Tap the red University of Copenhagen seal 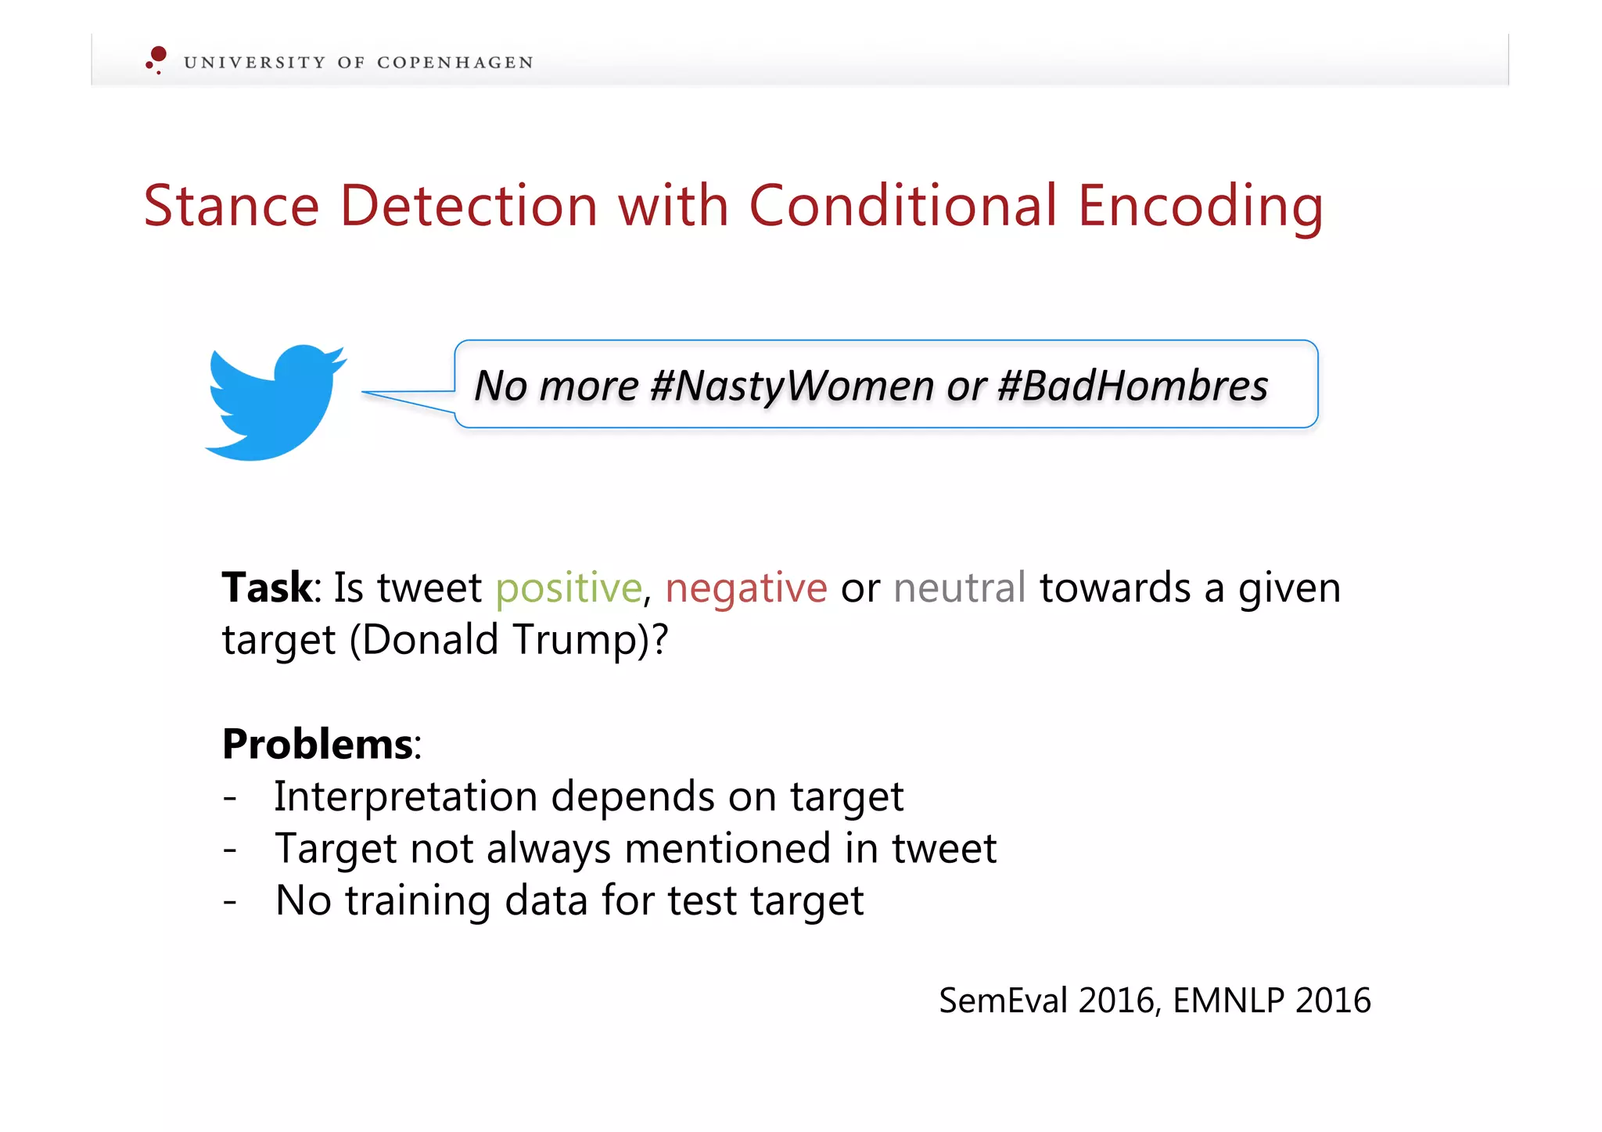click(156, 59)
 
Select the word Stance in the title click(232, 206)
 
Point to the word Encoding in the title click(1200, 207)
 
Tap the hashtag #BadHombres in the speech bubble click(1133, 386)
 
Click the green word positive click(569, 588)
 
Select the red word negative click(745, 588)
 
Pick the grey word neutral click(959, 588)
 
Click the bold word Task click(267, 588)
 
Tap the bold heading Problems click(318, 744)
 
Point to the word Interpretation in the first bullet click(406, 797)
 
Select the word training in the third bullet click(418, 901)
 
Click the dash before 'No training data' click(230, 901)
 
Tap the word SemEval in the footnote click(1003, 1001)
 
